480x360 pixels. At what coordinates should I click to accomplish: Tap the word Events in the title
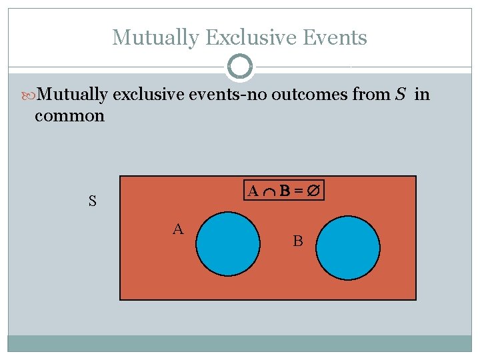point(335,37)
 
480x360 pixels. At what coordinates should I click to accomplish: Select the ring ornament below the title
point(240,67)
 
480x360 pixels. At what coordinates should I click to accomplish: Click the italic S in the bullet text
point(400,95)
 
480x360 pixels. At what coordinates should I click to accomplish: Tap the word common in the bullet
point(69,116)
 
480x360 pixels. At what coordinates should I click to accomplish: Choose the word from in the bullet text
point(370,95)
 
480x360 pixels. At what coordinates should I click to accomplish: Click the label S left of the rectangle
point(93,200)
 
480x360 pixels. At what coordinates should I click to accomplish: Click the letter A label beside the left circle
point(178,230)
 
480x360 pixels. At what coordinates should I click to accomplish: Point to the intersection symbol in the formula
point(269,193)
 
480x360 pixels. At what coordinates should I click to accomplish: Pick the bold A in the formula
point(253,192)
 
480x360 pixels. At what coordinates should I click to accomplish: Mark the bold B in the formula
point(284,192)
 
